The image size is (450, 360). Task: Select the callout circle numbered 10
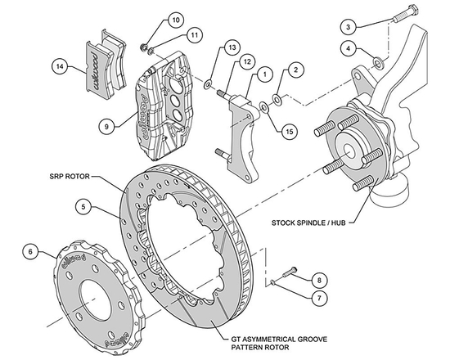point(176,19)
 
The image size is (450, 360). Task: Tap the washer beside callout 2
point(277,100)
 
